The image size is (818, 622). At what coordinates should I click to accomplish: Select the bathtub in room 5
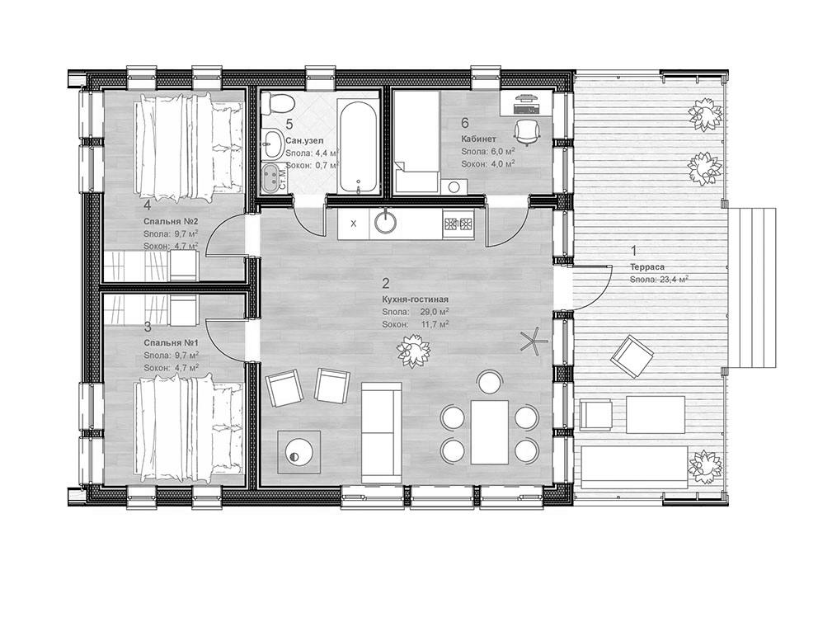[360, 145]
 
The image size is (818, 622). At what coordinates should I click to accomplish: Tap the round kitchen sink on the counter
[386, 221]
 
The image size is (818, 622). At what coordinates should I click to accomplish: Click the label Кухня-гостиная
[415, 299]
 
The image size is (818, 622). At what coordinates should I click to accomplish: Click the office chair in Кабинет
[525, 130]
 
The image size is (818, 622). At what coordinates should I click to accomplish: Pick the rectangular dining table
[492, 431]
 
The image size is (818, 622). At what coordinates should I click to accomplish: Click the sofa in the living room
[381, 434]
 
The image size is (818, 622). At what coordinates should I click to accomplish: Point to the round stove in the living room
[296, 451]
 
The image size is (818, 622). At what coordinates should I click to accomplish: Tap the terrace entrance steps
[756, 286]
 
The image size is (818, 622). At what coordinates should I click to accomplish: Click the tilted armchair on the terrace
[631, 357]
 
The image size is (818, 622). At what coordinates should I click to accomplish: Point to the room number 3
[147, 327]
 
